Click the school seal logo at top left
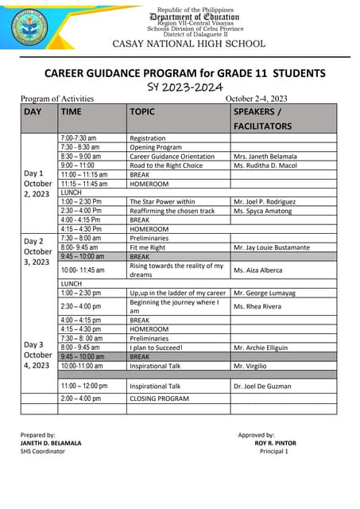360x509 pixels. click(31, 29)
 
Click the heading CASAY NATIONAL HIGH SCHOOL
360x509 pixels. click(189, 44)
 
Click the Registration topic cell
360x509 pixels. click(148, 138)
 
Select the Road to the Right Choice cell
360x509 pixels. click(166, 165)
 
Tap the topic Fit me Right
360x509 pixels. click(148, 247)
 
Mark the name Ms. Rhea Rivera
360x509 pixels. click(257, 306)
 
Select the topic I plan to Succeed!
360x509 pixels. click(157, 348)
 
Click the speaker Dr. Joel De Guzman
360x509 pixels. click(264, 386)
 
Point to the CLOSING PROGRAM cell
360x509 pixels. click(159, 398)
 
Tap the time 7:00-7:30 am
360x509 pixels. click(79, 138)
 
